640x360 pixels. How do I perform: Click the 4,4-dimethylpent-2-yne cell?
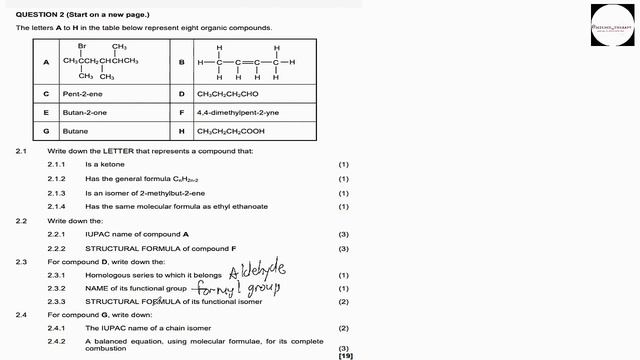[x=235, y=112]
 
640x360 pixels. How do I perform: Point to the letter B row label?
[x=181, y=62]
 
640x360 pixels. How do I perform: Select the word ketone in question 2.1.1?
[x=114, y=163]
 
